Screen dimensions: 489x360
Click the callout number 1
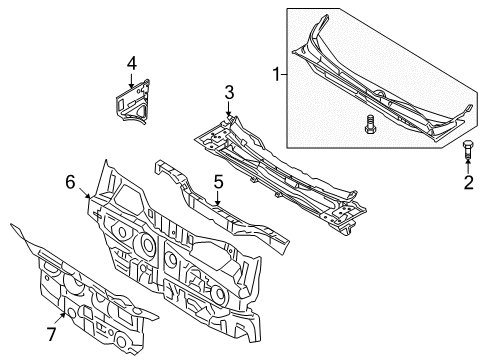[276, 74]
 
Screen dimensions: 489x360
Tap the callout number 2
[468, 183]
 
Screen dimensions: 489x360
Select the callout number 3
[229, 93]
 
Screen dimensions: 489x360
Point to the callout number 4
[132, 63]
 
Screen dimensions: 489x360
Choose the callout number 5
[218, 182]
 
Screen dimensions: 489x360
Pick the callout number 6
[70, 182]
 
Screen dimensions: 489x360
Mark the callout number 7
[51, 334]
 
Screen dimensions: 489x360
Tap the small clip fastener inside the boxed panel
[369, 124]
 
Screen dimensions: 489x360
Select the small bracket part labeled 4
[133, 102]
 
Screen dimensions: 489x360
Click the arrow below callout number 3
[229, 109]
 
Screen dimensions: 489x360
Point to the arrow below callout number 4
[131, 80]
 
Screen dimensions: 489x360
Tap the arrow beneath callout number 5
[218, 198]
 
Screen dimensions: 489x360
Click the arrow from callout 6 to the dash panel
[85, 193]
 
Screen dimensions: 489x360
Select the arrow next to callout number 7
[60, 318]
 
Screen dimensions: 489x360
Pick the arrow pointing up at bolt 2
[468, 166]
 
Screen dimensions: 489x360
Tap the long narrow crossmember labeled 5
[222, 208]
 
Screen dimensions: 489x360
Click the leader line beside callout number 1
[284, 74]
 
